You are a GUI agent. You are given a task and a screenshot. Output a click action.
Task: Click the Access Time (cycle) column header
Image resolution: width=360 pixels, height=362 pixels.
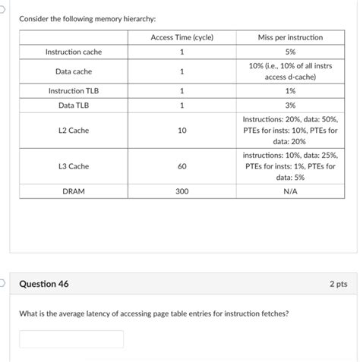pos(182,37)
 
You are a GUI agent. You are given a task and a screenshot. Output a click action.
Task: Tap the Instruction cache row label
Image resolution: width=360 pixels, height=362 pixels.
pos(74,52)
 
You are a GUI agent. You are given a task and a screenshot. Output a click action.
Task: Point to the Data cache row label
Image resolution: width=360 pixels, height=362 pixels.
pos(74,71)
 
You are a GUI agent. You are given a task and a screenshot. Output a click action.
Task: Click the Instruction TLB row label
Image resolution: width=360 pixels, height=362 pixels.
pos(74,91)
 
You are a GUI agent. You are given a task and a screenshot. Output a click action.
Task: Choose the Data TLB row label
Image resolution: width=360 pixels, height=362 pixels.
pos(74,105)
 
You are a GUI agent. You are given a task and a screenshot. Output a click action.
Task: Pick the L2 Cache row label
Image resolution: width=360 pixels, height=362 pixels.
pos(74,131)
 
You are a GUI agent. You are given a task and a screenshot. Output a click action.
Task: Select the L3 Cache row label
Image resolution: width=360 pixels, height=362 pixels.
pos(74,166)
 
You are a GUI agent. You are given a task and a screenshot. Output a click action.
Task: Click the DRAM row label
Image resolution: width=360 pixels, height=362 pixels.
pos(74,192)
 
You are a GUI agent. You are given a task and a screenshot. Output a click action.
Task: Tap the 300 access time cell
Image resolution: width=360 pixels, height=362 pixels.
pos(182,192)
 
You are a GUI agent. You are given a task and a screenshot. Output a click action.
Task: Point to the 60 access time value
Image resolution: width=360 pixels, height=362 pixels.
pos(182,166)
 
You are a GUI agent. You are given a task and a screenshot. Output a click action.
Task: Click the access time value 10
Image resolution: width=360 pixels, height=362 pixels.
pos(182,131)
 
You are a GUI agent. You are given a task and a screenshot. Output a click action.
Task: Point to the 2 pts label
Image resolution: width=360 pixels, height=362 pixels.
pos(339,284)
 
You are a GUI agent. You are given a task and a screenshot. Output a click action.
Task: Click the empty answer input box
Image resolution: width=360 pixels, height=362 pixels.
pos(71,338)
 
